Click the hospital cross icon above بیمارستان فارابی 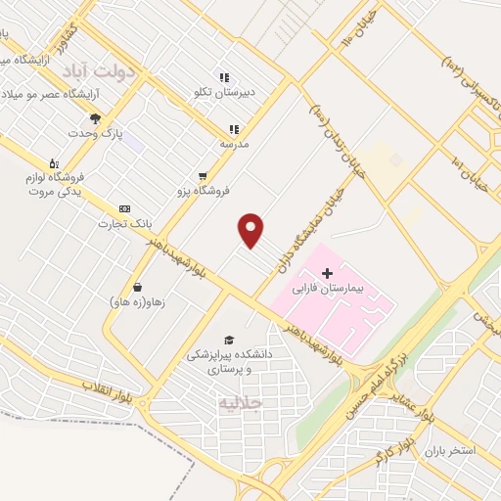tap(328, 272)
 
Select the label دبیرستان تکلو tap(220, 93)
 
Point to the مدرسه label tap(233, 144)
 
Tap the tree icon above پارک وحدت tap(95, 117)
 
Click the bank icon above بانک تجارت tap(124, 208)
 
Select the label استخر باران tap(449, 451)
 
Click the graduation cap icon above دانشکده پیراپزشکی tap(229, 340)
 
